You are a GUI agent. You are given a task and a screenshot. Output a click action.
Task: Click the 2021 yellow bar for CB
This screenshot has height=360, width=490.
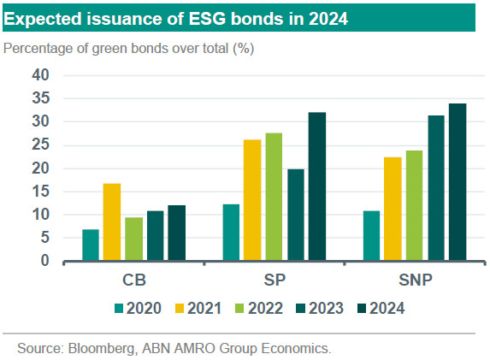click(x=112, y=221)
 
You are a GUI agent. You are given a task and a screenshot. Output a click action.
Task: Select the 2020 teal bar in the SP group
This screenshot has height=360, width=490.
click(x=231, y=233)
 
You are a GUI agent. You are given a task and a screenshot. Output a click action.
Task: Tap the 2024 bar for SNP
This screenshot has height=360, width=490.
click(x=458, y=182)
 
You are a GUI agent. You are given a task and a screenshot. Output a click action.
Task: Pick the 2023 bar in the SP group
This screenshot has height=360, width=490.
click(x=296, y=215)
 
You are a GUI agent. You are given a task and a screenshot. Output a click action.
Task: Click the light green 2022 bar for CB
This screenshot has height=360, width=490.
click(x=133, y=239)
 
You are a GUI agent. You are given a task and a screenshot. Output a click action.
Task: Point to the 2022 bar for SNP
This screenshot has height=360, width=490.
click(x=415, y=205)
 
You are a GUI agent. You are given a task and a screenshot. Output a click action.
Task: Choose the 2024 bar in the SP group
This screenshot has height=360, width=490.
click(x=317, y=186)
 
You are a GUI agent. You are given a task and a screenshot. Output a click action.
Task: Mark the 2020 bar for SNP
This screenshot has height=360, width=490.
click(x=372, y=236)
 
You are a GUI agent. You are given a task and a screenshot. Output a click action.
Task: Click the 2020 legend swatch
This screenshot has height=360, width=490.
click(x=119, y=309)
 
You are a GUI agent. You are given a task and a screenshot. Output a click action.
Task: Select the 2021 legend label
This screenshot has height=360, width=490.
click(x=204, y=309)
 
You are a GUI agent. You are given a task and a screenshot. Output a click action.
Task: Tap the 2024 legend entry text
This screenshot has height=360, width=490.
click(x=387, y=309)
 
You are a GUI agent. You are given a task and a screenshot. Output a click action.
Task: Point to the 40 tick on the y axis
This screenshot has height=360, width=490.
click(x=41, y=75)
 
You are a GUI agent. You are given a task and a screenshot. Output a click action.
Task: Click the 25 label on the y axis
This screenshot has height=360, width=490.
click(x=41, y=145)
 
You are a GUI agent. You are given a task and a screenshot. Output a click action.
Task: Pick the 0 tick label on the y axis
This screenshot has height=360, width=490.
click(x=45, y=260)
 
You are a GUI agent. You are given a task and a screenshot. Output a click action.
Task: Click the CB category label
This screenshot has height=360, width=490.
click(x=134, y=280)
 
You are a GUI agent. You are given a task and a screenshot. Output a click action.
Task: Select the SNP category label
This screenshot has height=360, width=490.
click(x=416, y=280)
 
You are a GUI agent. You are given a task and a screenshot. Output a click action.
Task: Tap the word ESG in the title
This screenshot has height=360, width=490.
click(x=207, y=19)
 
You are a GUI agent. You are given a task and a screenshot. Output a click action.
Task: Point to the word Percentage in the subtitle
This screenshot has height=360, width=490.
click(x=38, y=49)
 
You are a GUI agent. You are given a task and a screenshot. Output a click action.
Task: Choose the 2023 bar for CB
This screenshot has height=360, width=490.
click(x=156, y=236)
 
